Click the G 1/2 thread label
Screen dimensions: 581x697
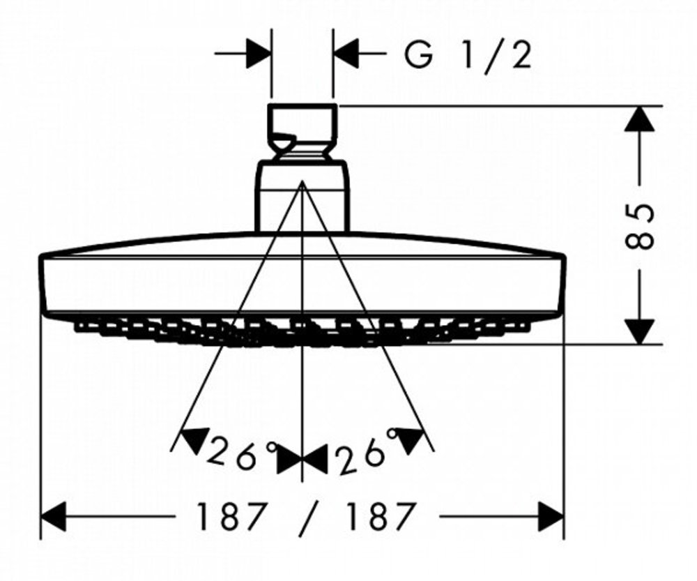pyautogui.click(x=468, y=56)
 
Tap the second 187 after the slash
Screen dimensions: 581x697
pyautogui.click(x=381, y=517)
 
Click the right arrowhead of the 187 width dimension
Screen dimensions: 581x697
pyautogui.click(x=550, y=517)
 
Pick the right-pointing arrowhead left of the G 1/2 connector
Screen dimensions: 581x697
pyautogui.click(x=259, y=53)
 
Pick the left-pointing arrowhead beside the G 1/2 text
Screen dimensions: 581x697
pyautogui.click(x=346, y=53)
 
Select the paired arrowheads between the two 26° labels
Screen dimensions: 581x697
pyautogui.click(x=302, y=461)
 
